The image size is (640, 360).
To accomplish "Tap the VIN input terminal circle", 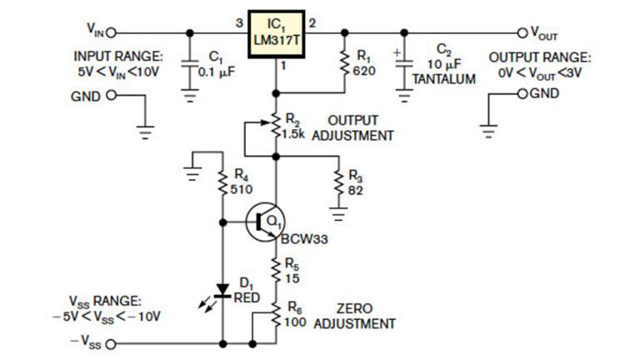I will coord(109,33).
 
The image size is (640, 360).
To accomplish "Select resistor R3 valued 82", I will coord(338,182).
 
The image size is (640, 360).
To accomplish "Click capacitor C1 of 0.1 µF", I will coord(190,64).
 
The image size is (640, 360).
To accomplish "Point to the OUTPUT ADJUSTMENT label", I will coord(349,127).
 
